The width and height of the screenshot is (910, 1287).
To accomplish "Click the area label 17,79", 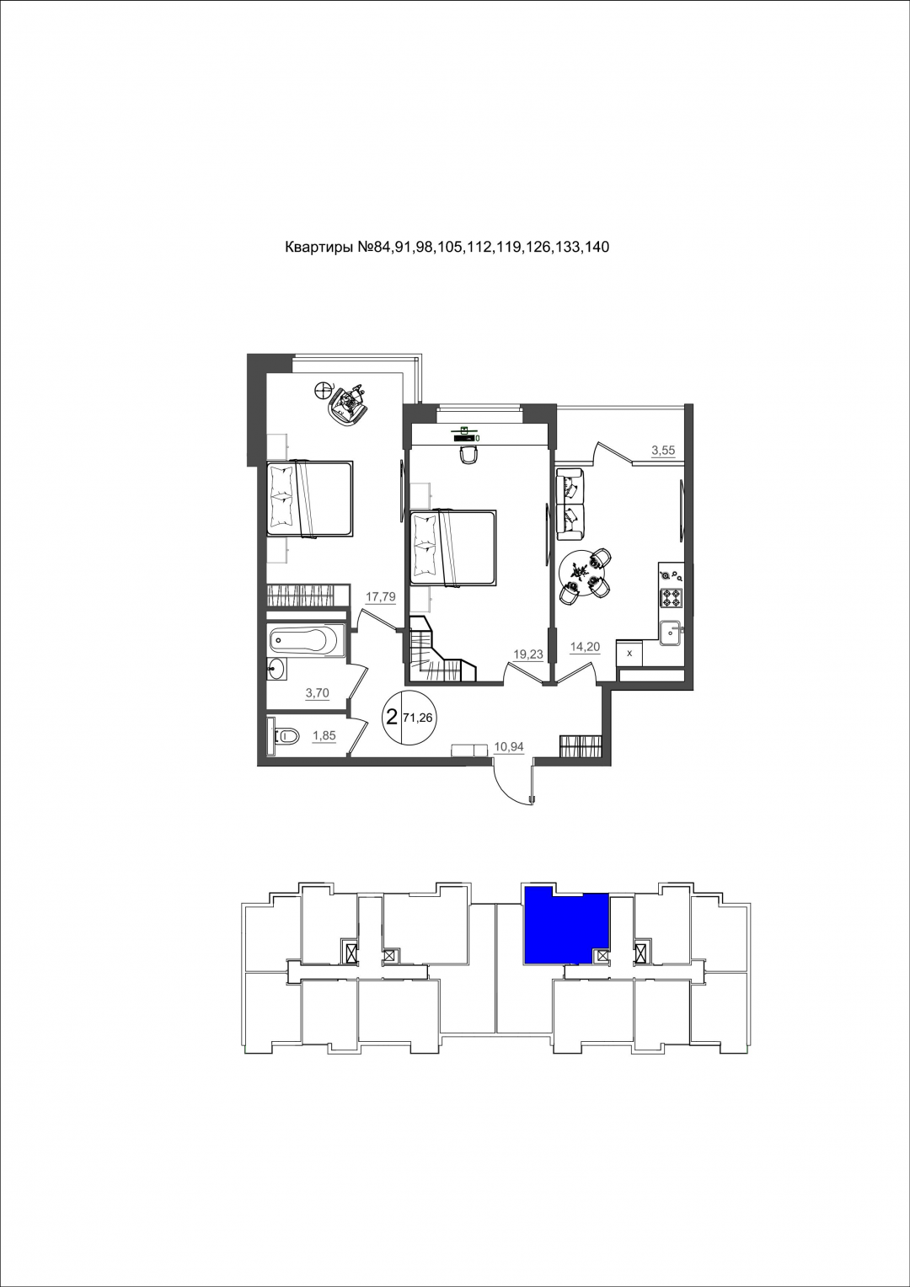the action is (x=381, y=597).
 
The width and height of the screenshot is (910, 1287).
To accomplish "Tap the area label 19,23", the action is (x=527, y=654).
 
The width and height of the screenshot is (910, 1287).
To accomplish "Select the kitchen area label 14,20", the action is (x=585, y=647).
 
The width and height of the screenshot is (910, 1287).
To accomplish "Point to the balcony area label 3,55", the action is (x=663, y=451).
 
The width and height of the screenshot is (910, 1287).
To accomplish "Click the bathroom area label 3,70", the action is (x=318, y=693).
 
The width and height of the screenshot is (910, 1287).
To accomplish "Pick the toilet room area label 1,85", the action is (x=324, y=735).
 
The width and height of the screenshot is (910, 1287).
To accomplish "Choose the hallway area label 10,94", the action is (x=509, y=747).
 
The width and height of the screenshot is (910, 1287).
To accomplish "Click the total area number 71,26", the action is (x=418, y=718).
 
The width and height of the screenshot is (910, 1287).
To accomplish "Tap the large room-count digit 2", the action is (x=392, y=717).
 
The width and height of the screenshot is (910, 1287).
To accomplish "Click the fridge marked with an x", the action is (x=629, y=654).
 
